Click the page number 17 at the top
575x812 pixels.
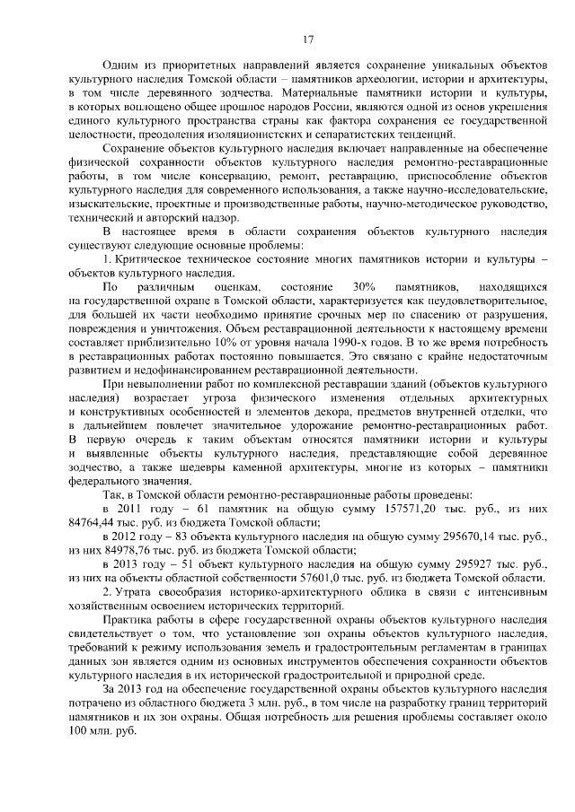(x=307, y=39)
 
